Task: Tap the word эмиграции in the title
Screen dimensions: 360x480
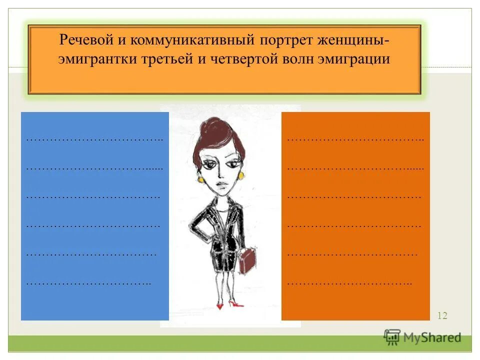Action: pos(353,59)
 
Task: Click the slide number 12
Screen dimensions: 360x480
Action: pos(442,315)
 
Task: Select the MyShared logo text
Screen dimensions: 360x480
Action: pos(431,337)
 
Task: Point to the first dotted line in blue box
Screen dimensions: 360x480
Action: pos(94,139)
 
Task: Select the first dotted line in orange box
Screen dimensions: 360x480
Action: pos(355,139)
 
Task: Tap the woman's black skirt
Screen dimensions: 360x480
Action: pos(224,255)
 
